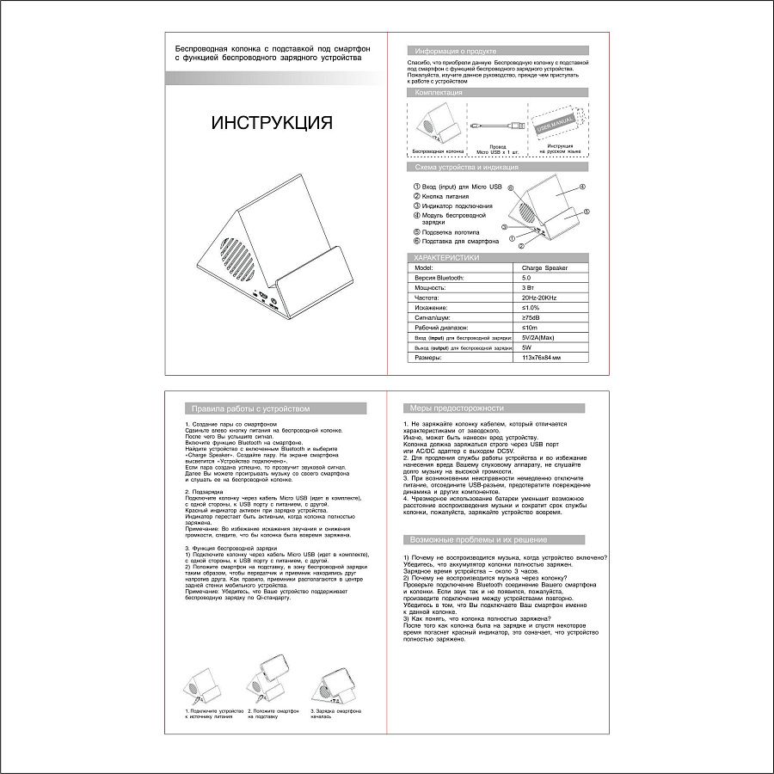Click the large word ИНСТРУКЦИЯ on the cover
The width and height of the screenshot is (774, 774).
271,123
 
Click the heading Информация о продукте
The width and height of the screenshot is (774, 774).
456,52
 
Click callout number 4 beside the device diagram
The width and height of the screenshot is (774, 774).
582,187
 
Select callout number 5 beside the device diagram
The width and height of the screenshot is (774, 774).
587,211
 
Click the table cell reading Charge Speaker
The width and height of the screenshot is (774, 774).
544,268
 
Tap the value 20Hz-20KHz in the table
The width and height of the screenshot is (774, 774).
539,297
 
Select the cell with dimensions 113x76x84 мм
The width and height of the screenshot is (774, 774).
541,357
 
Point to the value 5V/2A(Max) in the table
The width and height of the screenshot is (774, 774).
541,337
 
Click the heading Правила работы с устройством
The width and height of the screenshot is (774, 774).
249,409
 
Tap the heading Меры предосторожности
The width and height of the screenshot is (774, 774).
457,408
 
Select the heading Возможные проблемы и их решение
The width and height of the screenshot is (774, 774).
478,539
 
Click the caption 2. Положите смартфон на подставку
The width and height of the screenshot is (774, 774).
273,714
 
